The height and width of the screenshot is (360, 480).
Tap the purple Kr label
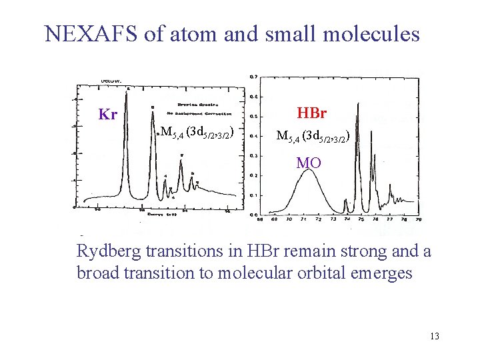click(108, 115)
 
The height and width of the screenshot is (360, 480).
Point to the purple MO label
click(309, 163)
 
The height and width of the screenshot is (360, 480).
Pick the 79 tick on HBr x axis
click(418, 219)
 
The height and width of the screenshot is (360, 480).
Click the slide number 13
click(435, 336)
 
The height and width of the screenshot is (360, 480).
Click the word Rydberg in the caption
click(107, 252)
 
